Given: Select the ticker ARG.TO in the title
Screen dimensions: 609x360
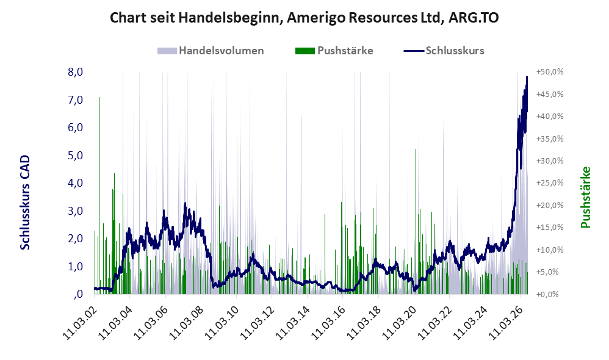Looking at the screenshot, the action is point(474,18).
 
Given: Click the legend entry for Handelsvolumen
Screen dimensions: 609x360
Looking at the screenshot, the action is point(211,51).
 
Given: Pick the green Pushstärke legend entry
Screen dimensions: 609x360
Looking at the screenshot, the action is point(334,51).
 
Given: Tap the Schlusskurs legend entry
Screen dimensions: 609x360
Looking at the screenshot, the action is point(444,51).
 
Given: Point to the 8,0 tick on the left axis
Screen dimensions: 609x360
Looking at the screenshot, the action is point(75,72).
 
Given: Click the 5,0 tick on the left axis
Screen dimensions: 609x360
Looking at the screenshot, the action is point(75,156).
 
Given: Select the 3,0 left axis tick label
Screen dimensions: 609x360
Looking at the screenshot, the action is point(75,211).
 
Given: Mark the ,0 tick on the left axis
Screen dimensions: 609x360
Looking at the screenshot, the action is point(78,294).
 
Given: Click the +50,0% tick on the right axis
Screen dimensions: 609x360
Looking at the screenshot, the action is point(550,72).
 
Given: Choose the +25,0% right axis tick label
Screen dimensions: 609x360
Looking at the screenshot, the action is point(550,183).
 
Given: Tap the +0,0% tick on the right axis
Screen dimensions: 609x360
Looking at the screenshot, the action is point(547,294).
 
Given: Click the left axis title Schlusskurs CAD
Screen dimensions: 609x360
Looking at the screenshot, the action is point(25,203).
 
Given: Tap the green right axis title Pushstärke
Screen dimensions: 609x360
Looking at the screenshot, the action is point(585,197).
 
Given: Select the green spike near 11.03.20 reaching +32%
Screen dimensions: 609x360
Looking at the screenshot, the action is point(416,221).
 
